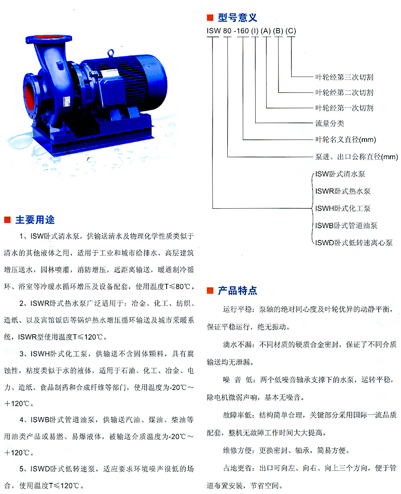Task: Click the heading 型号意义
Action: pos(237,17)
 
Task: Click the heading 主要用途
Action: pos(35,219)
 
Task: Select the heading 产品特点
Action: pos(237,291)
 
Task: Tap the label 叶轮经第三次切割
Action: pos(344,77)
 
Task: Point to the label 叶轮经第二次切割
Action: pos(344,93)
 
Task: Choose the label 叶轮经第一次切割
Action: pos(344,108)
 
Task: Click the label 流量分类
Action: pos(330,123)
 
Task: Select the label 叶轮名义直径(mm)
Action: pos(345,140)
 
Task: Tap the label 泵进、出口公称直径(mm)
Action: pos(356,157)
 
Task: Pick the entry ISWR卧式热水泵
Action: pos(343,191)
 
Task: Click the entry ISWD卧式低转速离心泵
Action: pos(354,243)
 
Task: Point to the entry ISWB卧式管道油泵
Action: pos(346,226)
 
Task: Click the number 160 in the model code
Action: pos(242,31)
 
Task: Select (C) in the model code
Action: pos(291,31)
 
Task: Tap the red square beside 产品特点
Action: pos(210,291)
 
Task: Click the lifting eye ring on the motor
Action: pos(110,53)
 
